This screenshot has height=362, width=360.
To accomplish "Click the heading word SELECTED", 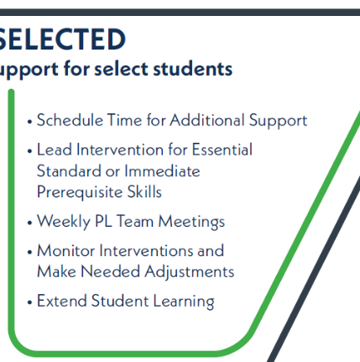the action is pyautogui.click(x=62, y=39).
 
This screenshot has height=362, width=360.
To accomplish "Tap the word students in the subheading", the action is pyautogui.click(x=193, y=69).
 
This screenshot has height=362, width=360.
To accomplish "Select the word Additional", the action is pyautogui.click(x=207, y=120).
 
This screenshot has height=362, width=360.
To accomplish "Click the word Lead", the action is pyautogui.click(x=55, y=150).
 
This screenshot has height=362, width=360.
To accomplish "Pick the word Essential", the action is pyautogui.click(x=222, y=150).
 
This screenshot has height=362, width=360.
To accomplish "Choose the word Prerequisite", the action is pyautogui.click(x=80, y=192).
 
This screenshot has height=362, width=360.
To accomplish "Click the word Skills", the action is pyautogui.click(x=144, y=191).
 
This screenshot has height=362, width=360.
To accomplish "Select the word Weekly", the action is pyautogui.click(x=64, y=222).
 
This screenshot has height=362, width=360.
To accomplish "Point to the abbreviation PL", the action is pyautogui.click(x=103, y=221).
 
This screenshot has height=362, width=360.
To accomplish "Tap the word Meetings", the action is pyautogui.click(x=191, y=222).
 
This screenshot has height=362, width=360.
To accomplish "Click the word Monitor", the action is pyautogui.click(x=66, y=250).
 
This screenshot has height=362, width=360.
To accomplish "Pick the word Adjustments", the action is pyautogui.click(x=190, y=272).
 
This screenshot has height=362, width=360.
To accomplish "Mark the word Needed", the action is pyautogui.click(x=111, y=271).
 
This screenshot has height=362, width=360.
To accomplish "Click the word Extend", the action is pyautogui.click(x=62, y=301).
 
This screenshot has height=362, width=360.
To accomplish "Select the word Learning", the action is pyautogui.click(x=184, y=302).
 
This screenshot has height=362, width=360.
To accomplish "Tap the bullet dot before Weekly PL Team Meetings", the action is pyautogui.click(x=30, y=223).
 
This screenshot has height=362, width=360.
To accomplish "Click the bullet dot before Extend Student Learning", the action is pyautogui.click(x=30, y=302).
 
